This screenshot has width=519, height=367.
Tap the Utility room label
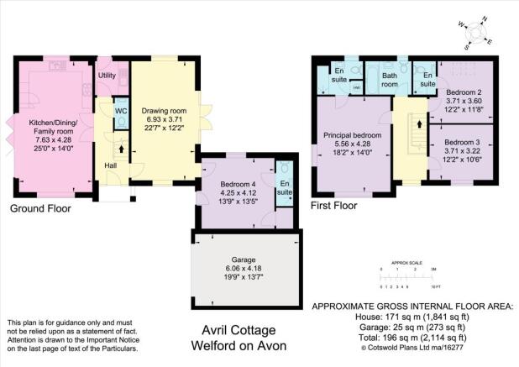107,76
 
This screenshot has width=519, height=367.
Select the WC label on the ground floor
120,111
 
